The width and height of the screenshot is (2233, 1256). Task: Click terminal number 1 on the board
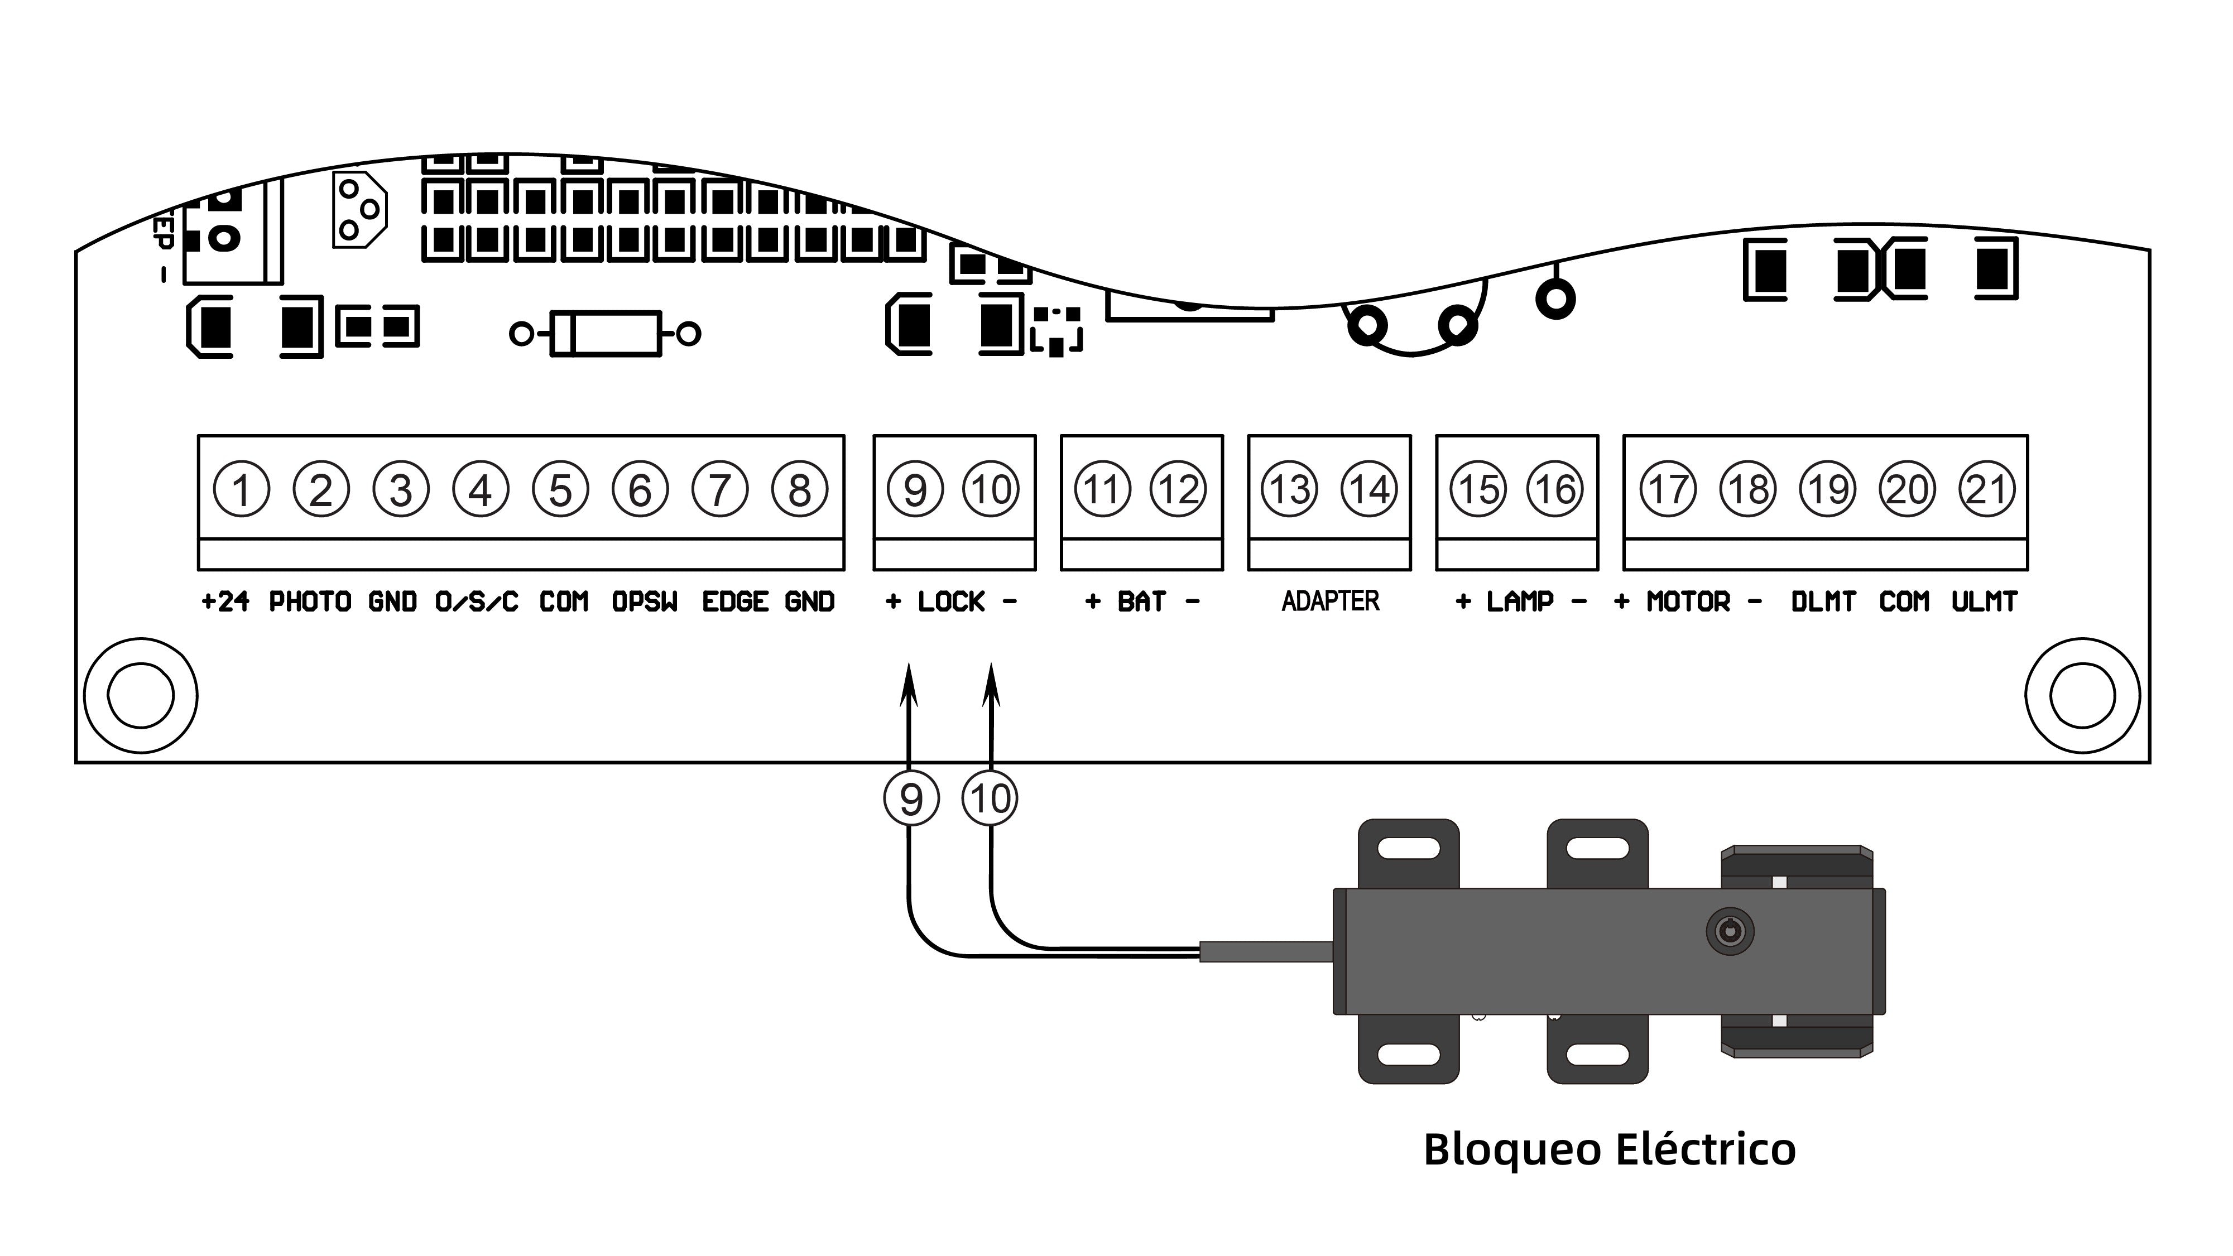[x=241, y=490]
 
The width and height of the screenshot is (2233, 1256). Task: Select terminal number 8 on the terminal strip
[x=799, y=490]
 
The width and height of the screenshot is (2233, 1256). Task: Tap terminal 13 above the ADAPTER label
[x=1290, y=490]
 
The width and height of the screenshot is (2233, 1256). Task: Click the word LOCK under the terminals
[x=951, y=601]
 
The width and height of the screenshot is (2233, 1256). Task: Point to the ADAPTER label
[x=1330, y=601]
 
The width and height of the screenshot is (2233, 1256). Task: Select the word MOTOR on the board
[x=1688, y=601]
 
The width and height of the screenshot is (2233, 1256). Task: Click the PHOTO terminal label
[x=309, y=601]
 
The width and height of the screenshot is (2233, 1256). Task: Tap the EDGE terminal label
[x=735, y=601]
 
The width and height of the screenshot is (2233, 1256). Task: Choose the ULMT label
[x=1984, y=601]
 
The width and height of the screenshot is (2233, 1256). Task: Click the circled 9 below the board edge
[x=911, y=798]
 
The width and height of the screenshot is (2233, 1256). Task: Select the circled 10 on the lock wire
[x=990, y=798]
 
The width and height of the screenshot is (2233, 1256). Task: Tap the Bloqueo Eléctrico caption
[x=1610, y=1149]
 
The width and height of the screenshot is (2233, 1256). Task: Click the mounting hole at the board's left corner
[x=141, y=695]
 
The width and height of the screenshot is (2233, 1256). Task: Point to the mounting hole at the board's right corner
[x=2082, y=695]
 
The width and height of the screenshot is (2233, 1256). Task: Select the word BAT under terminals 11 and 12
[x=1142, y=601]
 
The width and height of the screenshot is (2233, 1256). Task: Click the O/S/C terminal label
[x=476, y=601]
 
